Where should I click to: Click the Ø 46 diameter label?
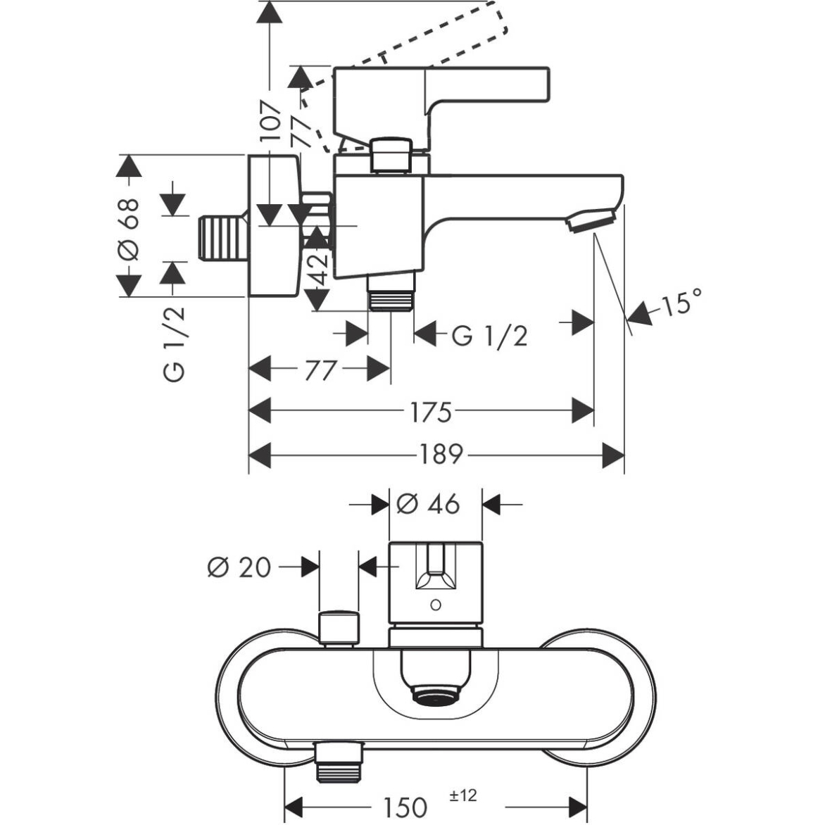coord(428,504)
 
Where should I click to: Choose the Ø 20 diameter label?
coord(239,567)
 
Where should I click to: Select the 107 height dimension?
coord(270,121)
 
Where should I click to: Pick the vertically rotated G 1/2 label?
coord(175,344)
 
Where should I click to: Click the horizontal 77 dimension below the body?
coord(320,370)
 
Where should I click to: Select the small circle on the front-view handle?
coord(436,605)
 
